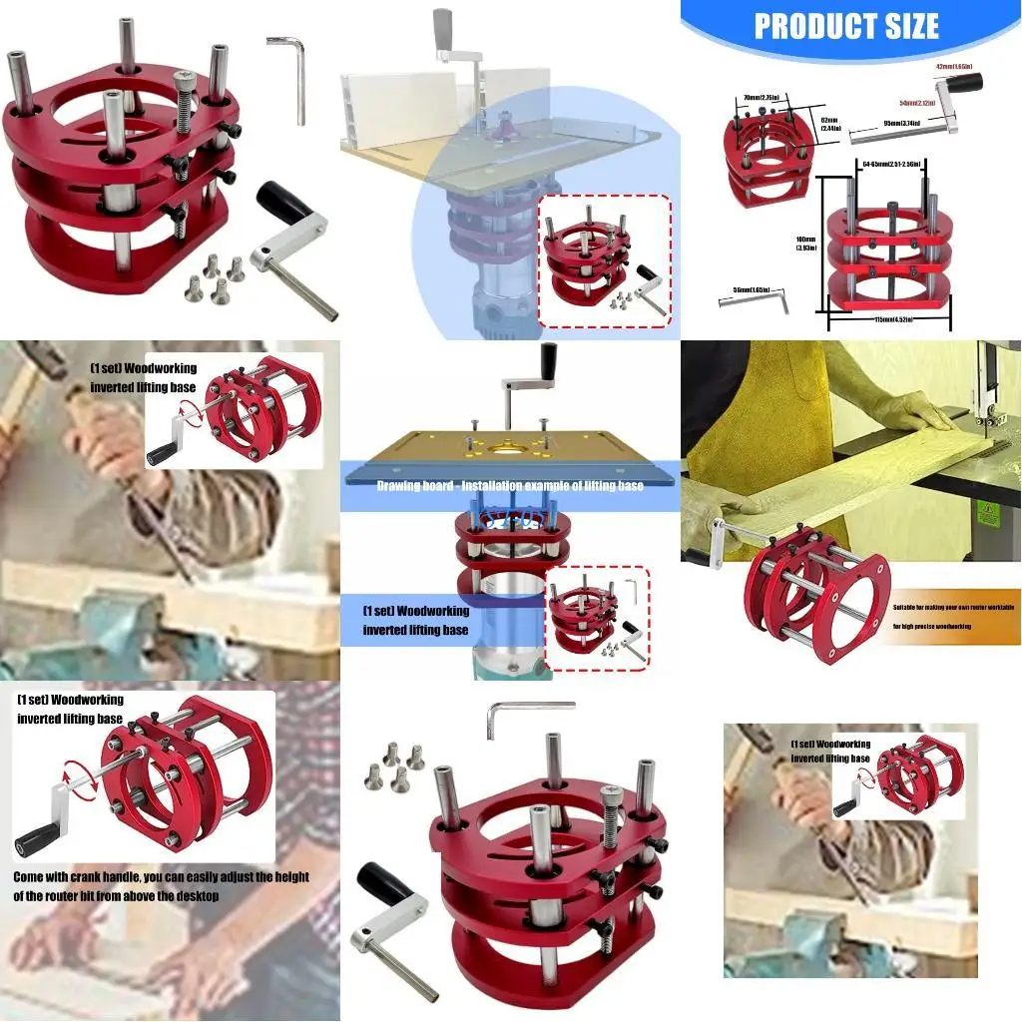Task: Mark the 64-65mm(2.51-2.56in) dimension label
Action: pyautogui.click(x=890, y=163)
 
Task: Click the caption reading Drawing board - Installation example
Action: pyautogui.click(x=509, y=485)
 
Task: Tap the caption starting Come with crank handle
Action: pyautogui.click(x=160, y=886)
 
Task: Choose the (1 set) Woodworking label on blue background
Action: pyautogui.click(x=415, y=620)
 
